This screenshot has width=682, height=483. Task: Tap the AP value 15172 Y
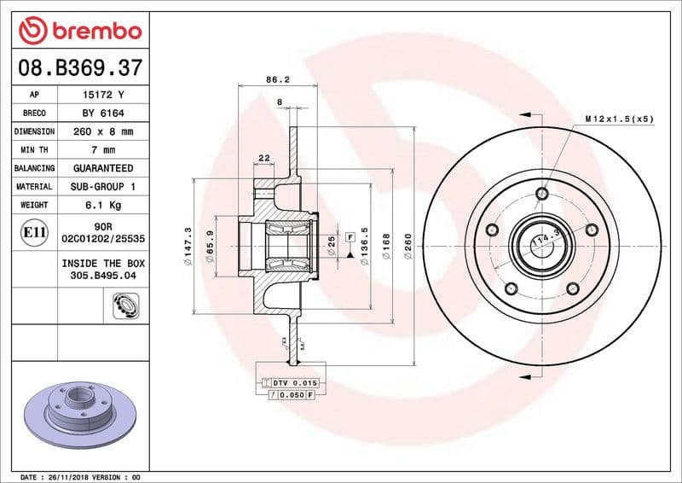[102, 95]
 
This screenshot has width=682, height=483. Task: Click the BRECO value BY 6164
[102, 113]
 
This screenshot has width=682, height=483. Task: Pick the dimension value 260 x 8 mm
[102, 132]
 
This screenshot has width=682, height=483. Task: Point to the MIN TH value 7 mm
[102, 150]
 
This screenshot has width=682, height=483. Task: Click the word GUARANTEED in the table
[102, 168]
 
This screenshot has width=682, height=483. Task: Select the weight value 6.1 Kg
[102, 205]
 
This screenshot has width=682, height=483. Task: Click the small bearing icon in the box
[124, 304]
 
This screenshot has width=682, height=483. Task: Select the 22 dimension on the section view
[264, 158]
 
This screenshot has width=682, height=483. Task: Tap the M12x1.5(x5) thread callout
[619, 119]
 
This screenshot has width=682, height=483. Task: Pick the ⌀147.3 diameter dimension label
[188, 247]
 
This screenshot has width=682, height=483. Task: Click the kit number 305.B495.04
[102, 276]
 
